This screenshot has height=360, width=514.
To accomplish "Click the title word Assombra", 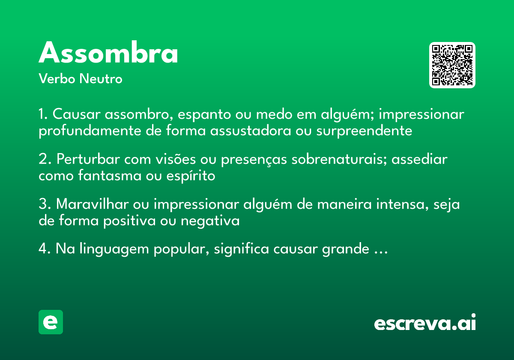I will [108, 54].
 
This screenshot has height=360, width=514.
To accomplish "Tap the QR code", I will [452, 65].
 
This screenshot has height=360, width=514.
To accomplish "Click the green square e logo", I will [51, 322].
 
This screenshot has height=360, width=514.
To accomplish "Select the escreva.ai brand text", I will [425, 323].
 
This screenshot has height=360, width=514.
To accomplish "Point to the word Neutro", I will [101, 79].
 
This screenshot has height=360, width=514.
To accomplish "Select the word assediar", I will [419, 159].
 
